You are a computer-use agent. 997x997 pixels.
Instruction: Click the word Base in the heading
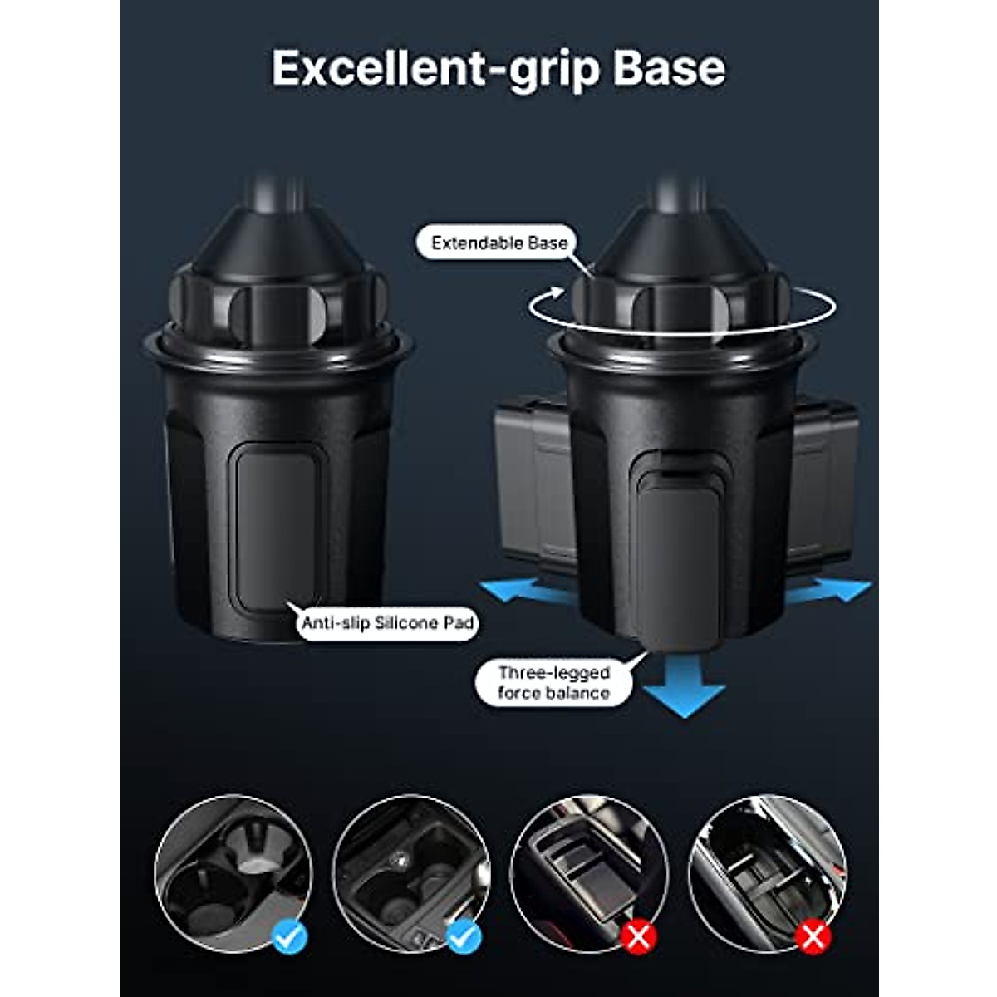tap(669, 68)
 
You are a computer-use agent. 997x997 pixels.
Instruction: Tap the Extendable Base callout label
tap(499, 243)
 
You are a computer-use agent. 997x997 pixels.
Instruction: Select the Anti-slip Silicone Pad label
tap(387, 623)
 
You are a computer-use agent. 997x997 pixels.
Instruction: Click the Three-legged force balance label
tap(553, 683)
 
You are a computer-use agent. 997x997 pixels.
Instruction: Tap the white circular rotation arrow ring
tap(681, 308)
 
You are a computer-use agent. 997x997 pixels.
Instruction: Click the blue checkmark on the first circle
tap(290, 937)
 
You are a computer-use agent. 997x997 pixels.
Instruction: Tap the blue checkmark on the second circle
tap(464, 937)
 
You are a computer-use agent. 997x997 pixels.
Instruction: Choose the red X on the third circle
tap(638, 937)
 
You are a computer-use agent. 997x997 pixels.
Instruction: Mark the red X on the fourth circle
tap(813, 937)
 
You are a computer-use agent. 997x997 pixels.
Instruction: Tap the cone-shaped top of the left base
tap(278, 237)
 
